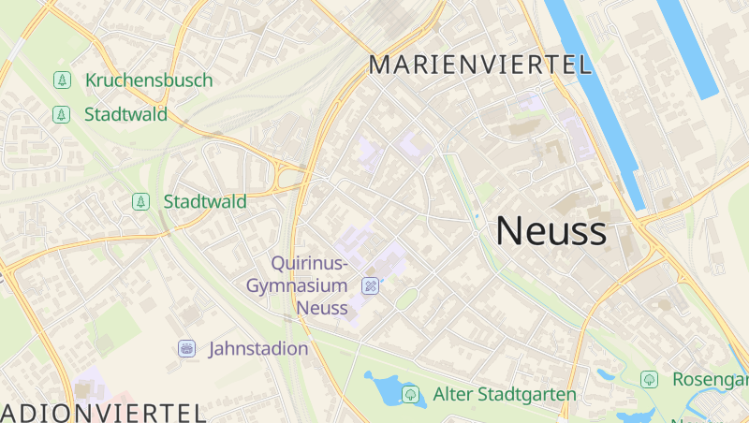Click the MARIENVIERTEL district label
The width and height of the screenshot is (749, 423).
point(481,65)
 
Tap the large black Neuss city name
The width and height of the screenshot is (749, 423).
point(551,231)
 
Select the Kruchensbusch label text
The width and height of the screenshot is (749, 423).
point(149,80)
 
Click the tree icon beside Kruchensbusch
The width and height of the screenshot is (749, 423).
point(62,80)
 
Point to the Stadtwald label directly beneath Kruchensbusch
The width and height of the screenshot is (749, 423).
point(125,115)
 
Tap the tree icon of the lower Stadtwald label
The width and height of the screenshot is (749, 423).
point(140,201)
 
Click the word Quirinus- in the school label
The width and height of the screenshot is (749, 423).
point(309,263)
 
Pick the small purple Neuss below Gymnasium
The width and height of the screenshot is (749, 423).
point(321,307)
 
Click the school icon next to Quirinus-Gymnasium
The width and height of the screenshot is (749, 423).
point(371,285)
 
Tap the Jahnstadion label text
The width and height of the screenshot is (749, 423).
point(258,349)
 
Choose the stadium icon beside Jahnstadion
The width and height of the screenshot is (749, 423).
point(187,349)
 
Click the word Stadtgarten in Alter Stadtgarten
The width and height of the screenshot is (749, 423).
point(528,394)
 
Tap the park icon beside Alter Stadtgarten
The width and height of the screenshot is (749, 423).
point(410,394)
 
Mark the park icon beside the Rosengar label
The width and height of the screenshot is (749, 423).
point(649,379)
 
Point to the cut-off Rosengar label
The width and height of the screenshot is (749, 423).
point(710,379)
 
